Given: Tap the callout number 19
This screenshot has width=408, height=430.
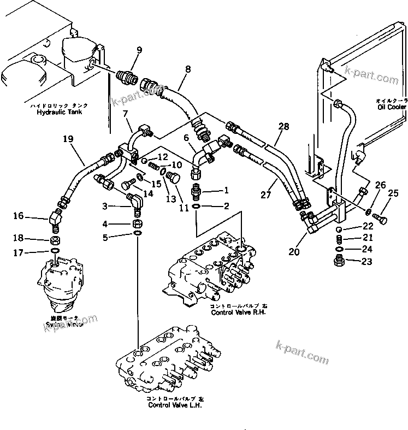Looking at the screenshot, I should pyautogui.click(x=67, y=139).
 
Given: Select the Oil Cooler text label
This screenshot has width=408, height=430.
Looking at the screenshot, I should pyautogui.click(x=391, y=107).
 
